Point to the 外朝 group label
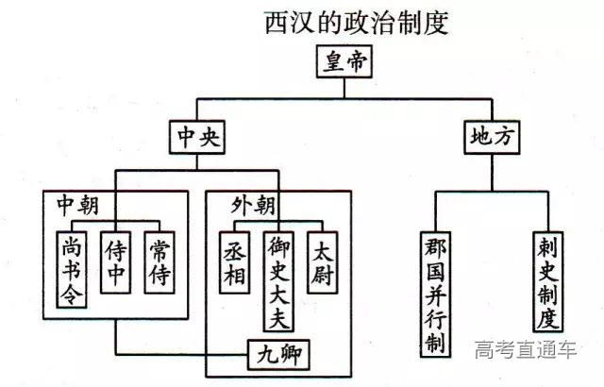(252, 204)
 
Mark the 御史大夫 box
(278, 278)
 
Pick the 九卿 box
(279, 356)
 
